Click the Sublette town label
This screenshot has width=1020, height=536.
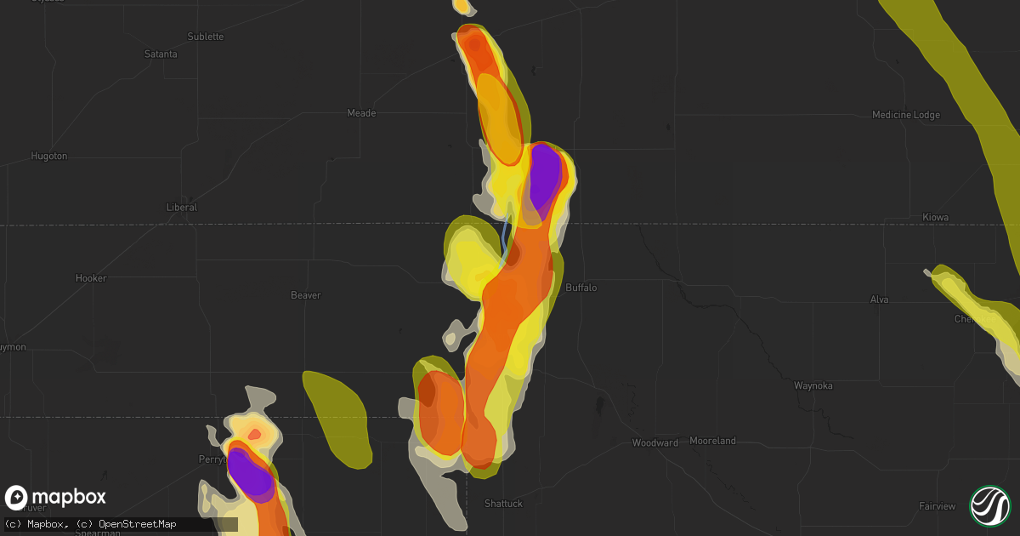pyautogui.click(x=205, y=37)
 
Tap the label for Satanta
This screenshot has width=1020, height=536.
pyautogui.click(x=161, y=54)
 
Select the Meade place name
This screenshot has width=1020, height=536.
pyautogui.click(x=362, y=113)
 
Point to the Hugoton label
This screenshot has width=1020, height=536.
pyautogui.click(x=48, y=157)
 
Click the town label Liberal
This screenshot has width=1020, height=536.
pyautogui.click(x=181, y=208)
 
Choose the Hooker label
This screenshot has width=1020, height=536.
pyautogui.click(x=91, y=278)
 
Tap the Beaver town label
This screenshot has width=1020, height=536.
pyautogui.click(x=306, y=295)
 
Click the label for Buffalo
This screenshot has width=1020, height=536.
pyautogui.click(x=581, y=288)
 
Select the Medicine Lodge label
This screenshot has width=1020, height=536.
pyautogui.click(x=907, y=115)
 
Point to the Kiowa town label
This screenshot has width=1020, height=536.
pyautogui.click(x=935, y=218)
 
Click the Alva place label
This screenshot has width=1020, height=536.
pyautogui.click(x=879, y=299)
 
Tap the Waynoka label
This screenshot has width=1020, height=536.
pyautogui.click(x=813, y=385)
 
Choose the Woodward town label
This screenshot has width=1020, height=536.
pyautogui.click(x=655, y=443)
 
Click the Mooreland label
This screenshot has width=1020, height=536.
pyautogui.click(x=713, y=441)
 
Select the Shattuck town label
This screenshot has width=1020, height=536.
pyautogui.click(x=503, y=504)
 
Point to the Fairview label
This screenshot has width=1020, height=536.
pyautogui.click(x=937, y=506)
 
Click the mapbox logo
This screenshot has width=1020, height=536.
pyautogui.click(x=56, y=498)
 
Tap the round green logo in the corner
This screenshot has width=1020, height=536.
pyautogui.click(x=989, y=505)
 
